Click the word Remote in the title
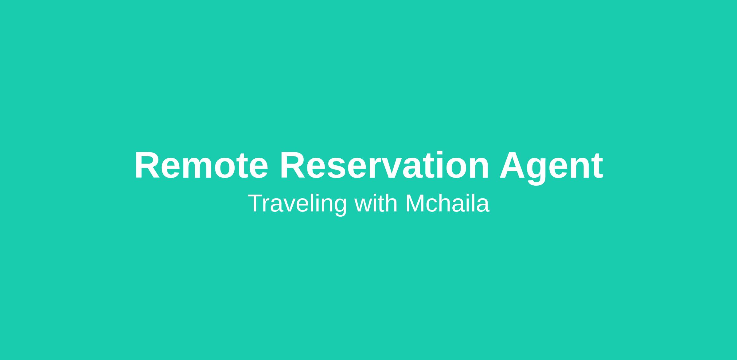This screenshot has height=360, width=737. click(201, 165)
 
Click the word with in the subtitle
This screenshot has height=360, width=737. click(376, 203)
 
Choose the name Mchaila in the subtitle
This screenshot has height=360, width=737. click(447, 203)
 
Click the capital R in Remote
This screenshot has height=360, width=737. click(148, 165)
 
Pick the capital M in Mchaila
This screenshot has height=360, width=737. click(415, 203)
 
